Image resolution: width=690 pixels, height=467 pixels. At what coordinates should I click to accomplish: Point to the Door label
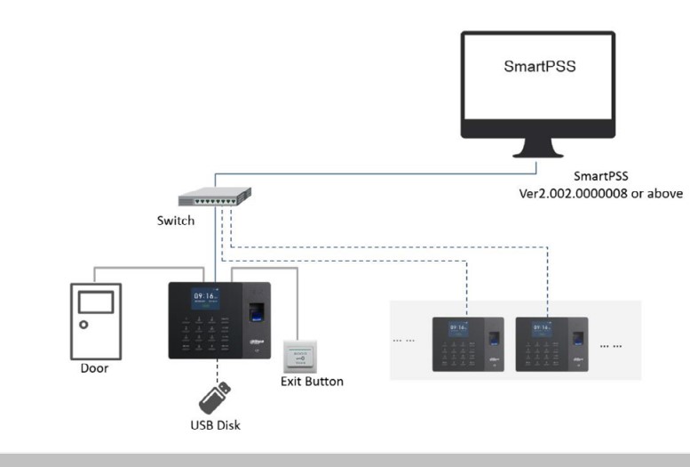point(94,367)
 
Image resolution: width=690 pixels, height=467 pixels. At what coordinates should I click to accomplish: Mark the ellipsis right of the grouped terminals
point(612,342)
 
